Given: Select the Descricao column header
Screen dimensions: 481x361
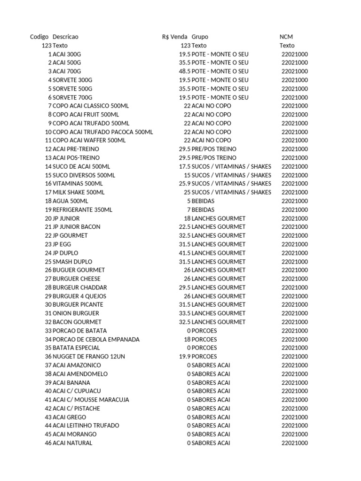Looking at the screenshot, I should coord(66,37).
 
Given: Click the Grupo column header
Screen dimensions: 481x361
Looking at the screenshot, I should coord(200,37).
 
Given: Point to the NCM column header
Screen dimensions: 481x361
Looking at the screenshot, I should coord(286,37).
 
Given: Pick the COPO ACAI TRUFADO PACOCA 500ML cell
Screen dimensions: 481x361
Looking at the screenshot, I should coord(103,132).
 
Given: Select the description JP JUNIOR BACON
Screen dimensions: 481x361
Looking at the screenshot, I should coord(77,227).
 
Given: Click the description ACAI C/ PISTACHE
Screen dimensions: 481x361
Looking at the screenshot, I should coord(76,408).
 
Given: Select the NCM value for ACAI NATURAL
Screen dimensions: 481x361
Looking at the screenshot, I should coord(295,443).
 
